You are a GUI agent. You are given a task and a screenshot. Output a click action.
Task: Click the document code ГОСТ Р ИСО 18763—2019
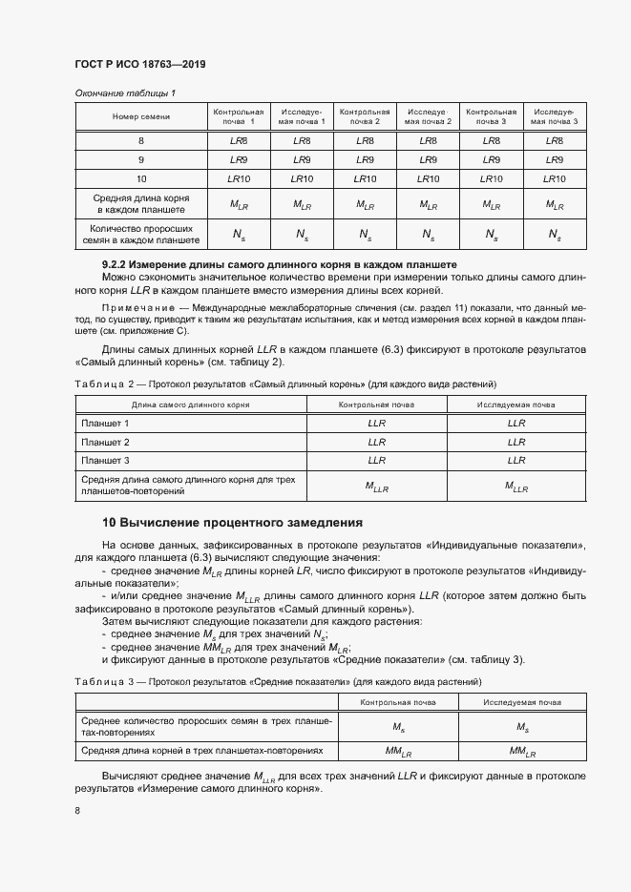[140, 64]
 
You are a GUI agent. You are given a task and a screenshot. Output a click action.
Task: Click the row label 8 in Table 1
[141, 140]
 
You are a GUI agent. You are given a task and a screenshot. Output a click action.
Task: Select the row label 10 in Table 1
[141, 178]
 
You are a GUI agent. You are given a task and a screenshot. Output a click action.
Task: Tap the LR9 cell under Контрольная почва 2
[365, 159]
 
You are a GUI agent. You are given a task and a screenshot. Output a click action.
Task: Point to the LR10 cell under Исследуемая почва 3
[554, 178]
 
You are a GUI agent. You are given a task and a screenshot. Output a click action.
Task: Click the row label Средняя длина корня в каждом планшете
[141, 203]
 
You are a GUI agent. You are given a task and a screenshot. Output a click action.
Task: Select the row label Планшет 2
[106, 442]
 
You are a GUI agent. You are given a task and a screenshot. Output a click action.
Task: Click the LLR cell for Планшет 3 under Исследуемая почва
[516, 461]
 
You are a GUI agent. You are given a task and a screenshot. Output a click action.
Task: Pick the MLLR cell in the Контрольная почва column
[377, 487]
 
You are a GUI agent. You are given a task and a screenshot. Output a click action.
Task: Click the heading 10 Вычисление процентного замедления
[233, 523]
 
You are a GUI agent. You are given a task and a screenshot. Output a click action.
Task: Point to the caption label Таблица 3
[99, 683]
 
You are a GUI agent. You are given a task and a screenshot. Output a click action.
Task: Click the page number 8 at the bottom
[77, 810]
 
